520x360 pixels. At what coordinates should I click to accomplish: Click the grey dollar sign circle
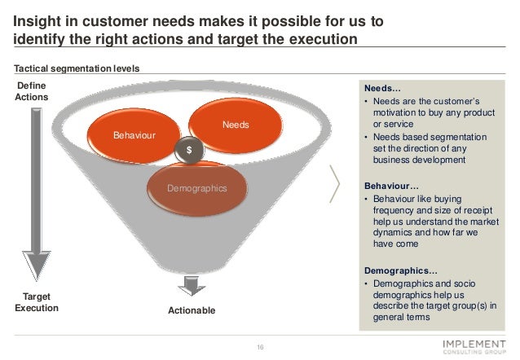tap(189, 151)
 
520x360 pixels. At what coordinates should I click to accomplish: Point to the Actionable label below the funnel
tap(192, 310)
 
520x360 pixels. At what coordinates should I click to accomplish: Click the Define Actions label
tap(31, 91)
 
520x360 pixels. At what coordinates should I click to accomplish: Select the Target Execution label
tap(37, 303)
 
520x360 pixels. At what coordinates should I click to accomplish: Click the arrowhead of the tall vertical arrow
tap(36, 266)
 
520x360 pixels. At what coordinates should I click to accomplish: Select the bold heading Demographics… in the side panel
tap(400, 270)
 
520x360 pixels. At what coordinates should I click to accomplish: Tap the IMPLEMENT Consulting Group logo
tap(477, 347)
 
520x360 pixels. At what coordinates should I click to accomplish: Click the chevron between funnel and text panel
tap(334, 183)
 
